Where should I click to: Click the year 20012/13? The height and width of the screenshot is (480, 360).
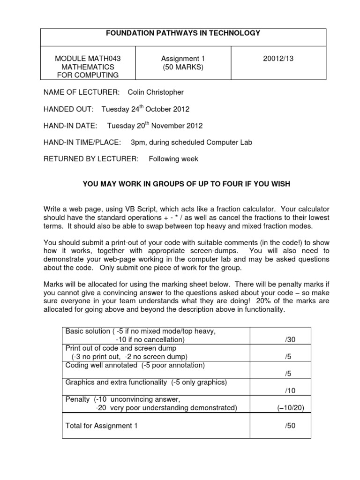pyautogui.click(x=278, y=59)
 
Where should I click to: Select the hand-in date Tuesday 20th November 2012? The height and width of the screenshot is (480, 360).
pyautogui.click(x=155, y=126)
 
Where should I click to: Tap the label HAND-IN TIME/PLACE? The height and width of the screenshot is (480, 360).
pyautogui.click(x=82, y=142)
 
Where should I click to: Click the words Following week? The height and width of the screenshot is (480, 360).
pyautogui.click(x=173, y=159)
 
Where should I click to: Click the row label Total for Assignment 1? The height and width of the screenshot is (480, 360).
pyautogui.click(x=101, y=425)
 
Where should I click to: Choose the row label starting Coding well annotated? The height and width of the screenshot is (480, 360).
pyautogui.click(x=128, y=365)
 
